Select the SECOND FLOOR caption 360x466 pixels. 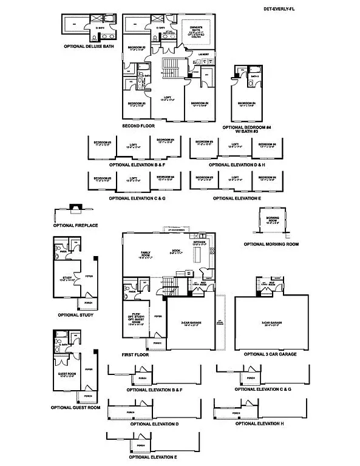pyautogui.click(x=138, y=126)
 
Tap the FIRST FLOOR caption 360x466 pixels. pyautogui.click(x=136, y=354)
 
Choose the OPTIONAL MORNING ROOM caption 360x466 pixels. pyautogui.click(x=271, y=244)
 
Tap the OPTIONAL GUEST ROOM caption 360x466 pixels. pyautogui.click(x=75, y=408)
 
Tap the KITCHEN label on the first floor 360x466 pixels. pyautogui.click(x=200, y=242)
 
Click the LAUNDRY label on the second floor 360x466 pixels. pyautogui.click(x=204, y=55)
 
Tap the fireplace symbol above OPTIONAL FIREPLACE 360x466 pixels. pyautogui.click(x=75, y=209)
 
